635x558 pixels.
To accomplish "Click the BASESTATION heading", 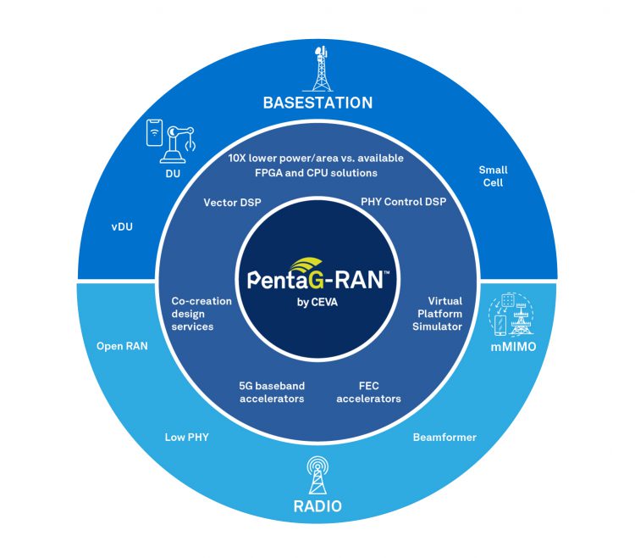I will (317, 103).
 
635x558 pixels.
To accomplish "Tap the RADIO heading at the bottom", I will (317, 507).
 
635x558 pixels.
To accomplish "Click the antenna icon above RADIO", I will (317, 475).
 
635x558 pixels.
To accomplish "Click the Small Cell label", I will (493, 176).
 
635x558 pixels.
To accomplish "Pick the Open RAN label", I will (122, 345).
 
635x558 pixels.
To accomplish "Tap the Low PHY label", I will (186, 438).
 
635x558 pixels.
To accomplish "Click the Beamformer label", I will (444, 438).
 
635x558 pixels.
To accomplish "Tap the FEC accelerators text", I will (368, 392).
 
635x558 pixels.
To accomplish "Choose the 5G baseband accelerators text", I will (271, 392).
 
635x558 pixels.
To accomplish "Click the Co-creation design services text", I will (192, 314).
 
